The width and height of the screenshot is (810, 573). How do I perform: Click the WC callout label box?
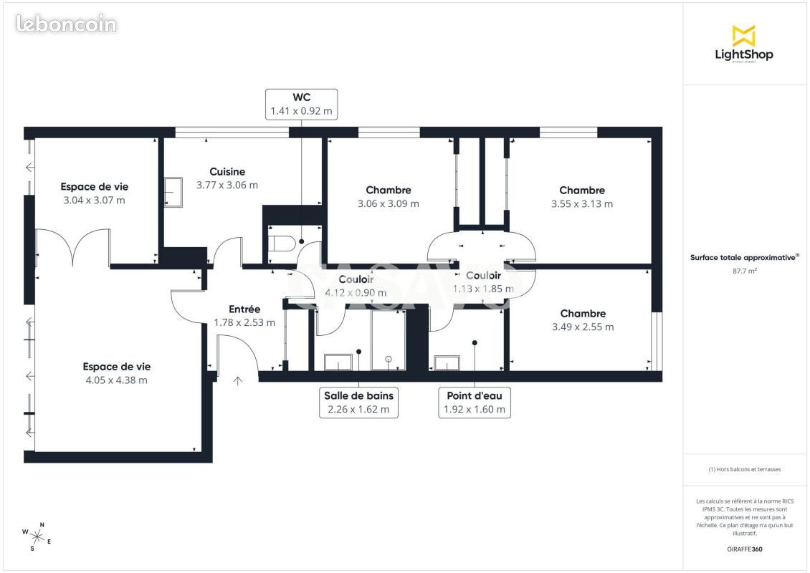coord(301,104)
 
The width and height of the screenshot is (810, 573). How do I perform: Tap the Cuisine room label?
coord(227,172)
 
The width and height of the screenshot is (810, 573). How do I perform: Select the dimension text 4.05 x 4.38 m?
coord(116,380)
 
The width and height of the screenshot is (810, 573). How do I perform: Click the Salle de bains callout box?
coord(358,403)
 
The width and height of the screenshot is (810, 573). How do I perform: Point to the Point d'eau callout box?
coord(475,403)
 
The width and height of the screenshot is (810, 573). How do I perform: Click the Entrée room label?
coord(244,309)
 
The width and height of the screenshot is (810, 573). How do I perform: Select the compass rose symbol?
coord(37,536)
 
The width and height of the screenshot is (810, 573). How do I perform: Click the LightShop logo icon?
coord(743,36)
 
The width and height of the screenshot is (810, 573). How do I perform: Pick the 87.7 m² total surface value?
coord(745,271)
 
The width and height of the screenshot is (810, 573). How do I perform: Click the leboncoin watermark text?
coord(66,24)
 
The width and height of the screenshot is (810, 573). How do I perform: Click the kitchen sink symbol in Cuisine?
coord(173,193)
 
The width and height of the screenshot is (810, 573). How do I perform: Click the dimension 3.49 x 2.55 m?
coord(583,327)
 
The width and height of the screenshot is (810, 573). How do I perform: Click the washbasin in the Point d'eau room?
coord(447,363)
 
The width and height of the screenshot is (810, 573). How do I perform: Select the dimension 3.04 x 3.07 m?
coord(94,200)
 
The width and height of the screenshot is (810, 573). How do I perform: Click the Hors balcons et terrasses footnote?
coord(745,469)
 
